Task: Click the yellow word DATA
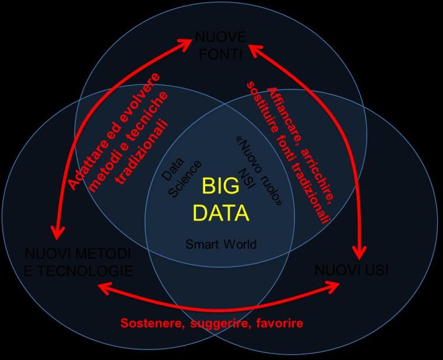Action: [221, 213]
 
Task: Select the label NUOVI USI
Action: [351, 270]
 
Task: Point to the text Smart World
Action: [220, 245]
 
